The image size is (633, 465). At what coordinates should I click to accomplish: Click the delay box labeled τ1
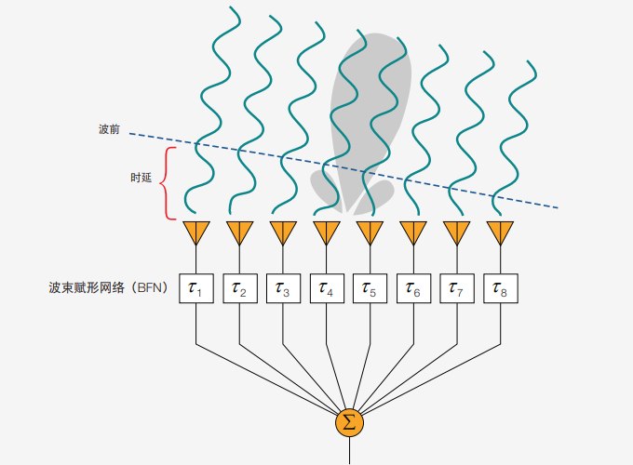tap(196, 288)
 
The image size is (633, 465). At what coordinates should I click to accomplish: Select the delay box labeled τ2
tap(240, 288)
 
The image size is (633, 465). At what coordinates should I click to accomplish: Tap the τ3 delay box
tap(283, 288)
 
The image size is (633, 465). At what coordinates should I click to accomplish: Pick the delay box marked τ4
tap(327, 288)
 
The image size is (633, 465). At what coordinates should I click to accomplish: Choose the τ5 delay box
tap(370, 288)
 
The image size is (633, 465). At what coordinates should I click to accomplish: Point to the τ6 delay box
tap(413, 288)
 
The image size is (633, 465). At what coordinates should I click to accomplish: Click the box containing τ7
tap(457, 288)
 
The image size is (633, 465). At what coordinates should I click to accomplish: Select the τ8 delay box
tap(501, 288)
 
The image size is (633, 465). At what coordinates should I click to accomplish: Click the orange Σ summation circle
tap(349, 422)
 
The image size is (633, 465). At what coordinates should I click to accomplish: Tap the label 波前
tap(109, 129)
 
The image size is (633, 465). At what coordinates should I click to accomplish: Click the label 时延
tap(141, 178)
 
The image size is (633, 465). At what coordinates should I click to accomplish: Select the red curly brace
tap(168, 183)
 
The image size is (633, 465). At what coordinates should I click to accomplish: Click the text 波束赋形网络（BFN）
tap(109, 287)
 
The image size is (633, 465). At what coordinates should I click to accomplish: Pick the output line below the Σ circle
tap(349, 451)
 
